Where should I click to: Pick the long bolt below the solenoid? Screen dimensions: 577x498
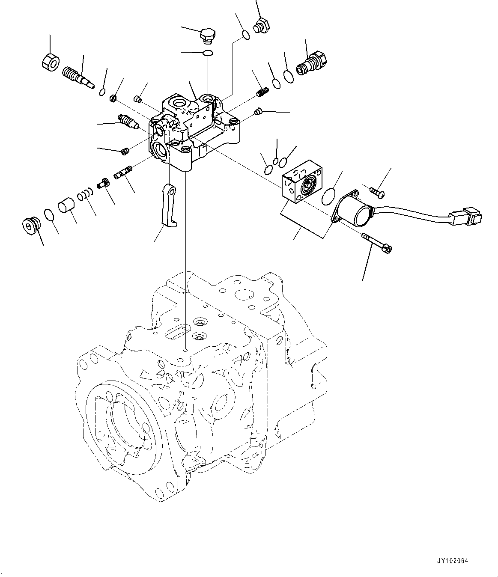point(377,242)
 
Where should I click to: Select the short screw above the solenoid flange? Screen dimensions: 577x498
point(377,193)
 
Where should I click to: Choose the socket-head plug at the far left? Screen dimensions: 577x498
point(30,225)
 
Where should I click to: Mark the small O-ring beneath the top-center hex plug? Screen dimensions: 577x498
point(208,53)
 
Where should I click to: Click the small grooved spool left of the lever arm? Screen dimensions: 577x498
point(122,174)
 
